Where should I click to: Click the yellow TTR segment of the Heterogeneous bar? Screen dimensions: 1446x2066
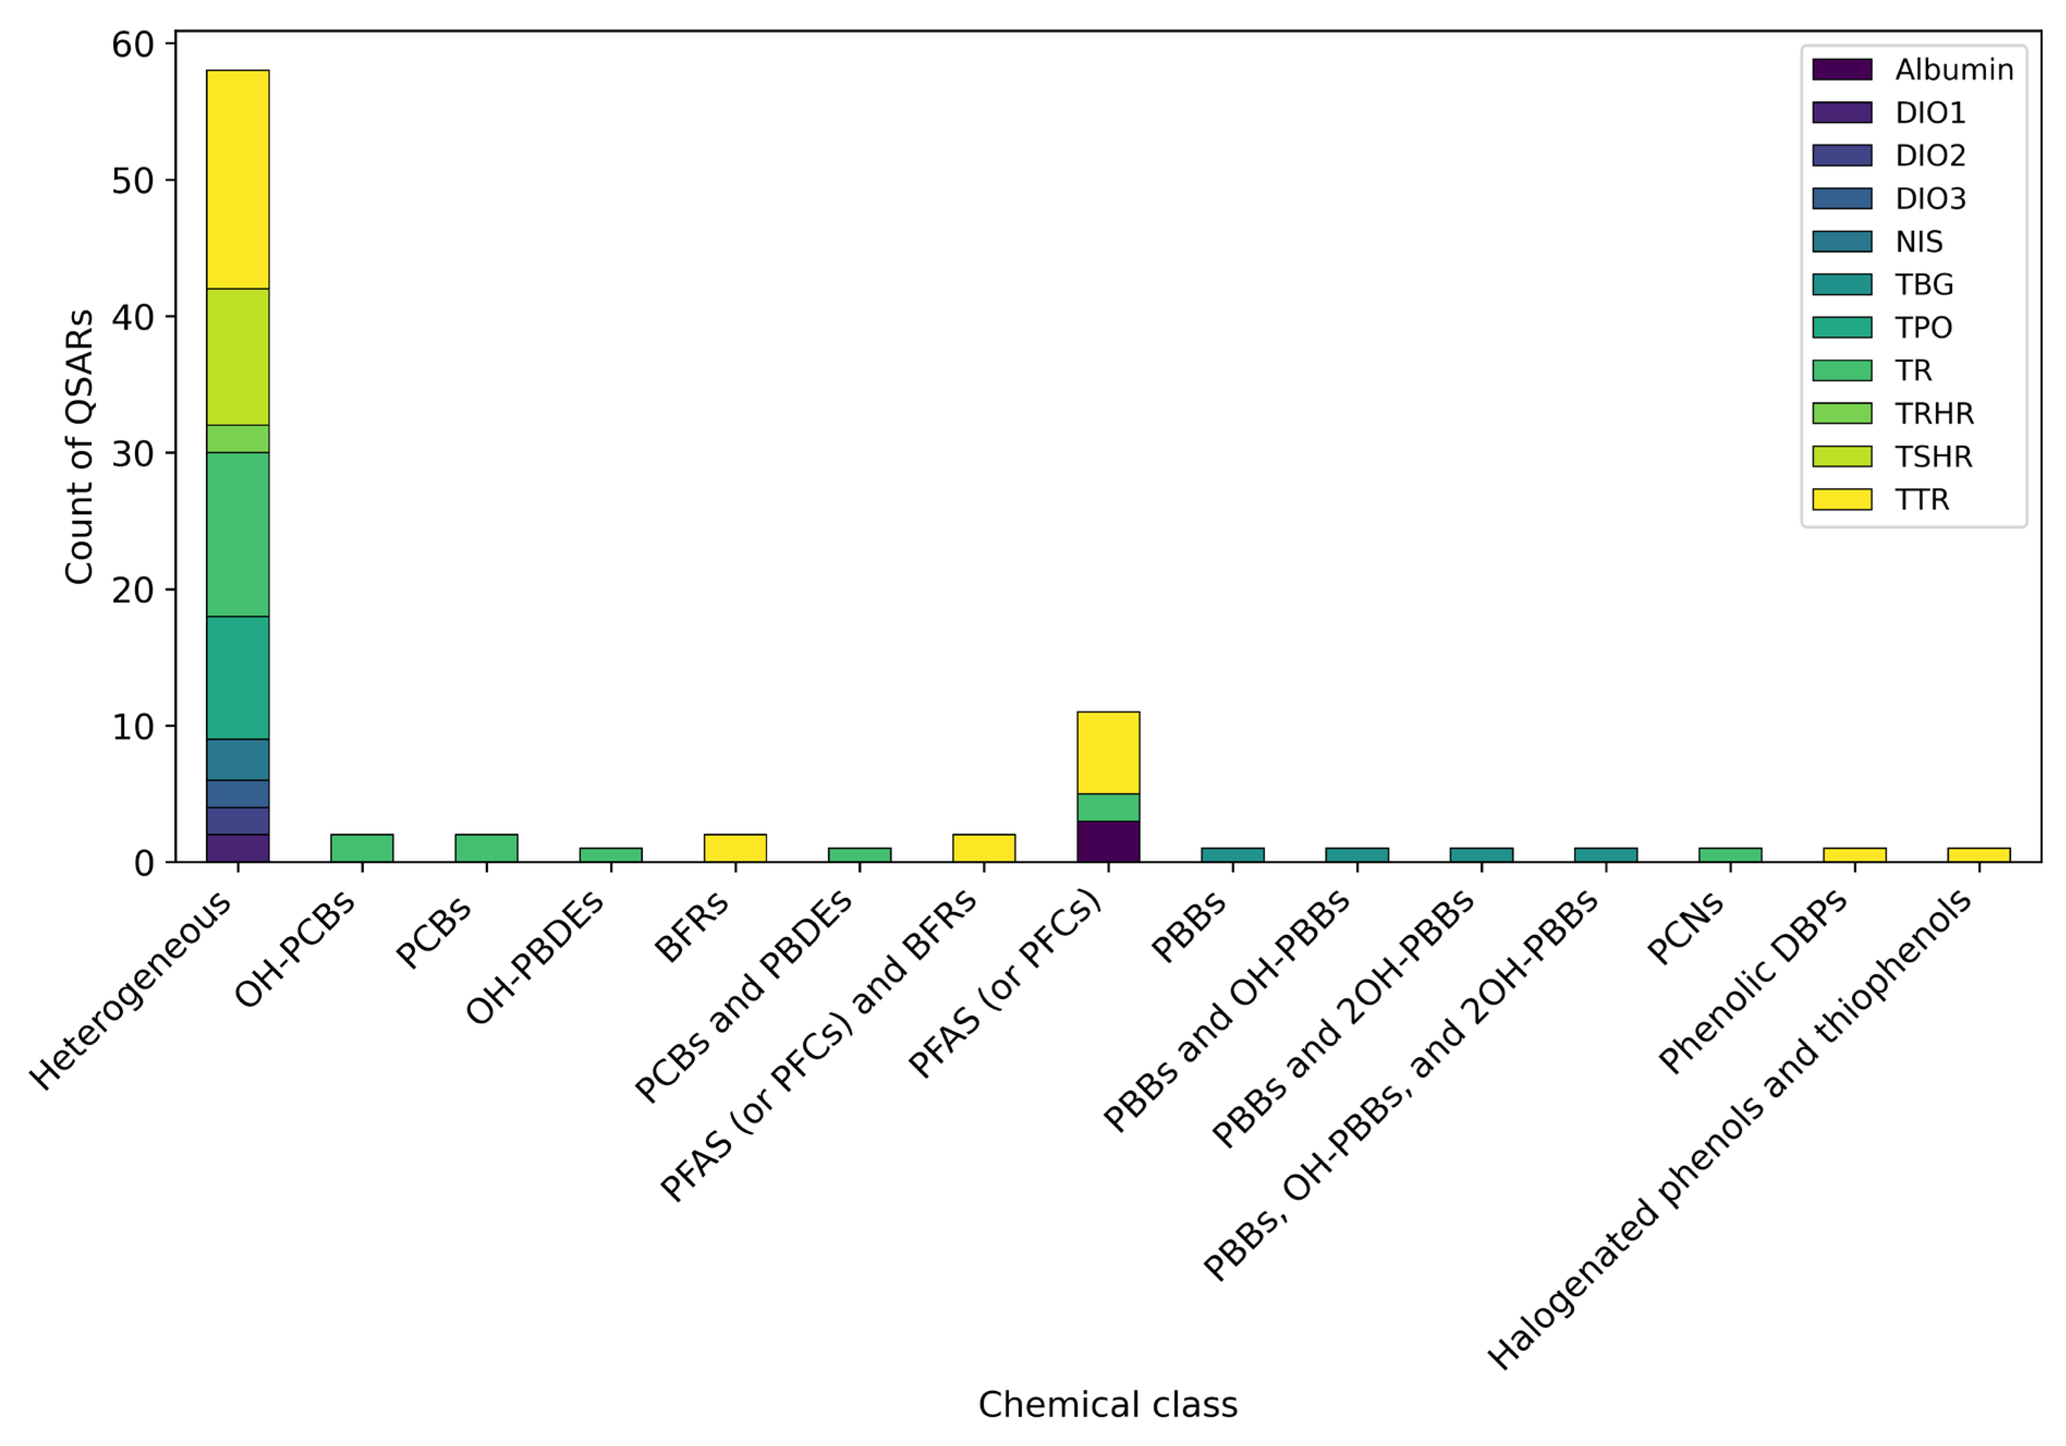[238, 179]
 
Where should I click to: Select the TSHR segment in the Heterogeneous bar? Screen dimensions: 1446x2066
[238, 356]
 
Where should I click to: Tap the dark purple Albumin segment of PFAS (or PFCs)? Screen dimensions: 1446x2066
[1108, 841]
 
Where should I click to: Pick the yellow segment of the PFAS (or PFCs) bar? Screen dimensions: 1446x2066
[1108, 752]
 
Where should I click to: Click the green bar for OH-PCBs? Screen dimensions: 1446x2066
[362, 848]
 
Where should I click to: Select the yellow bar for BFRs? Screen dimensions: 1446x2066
[735, 848]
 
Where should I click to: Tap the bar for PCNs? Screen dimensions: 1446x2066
[1729, 855]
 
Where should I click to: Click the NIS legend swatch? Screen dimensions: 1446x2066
[1842, 241]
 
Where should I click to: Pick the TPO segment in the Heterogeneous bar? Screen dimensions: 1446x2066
[238, 678]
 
